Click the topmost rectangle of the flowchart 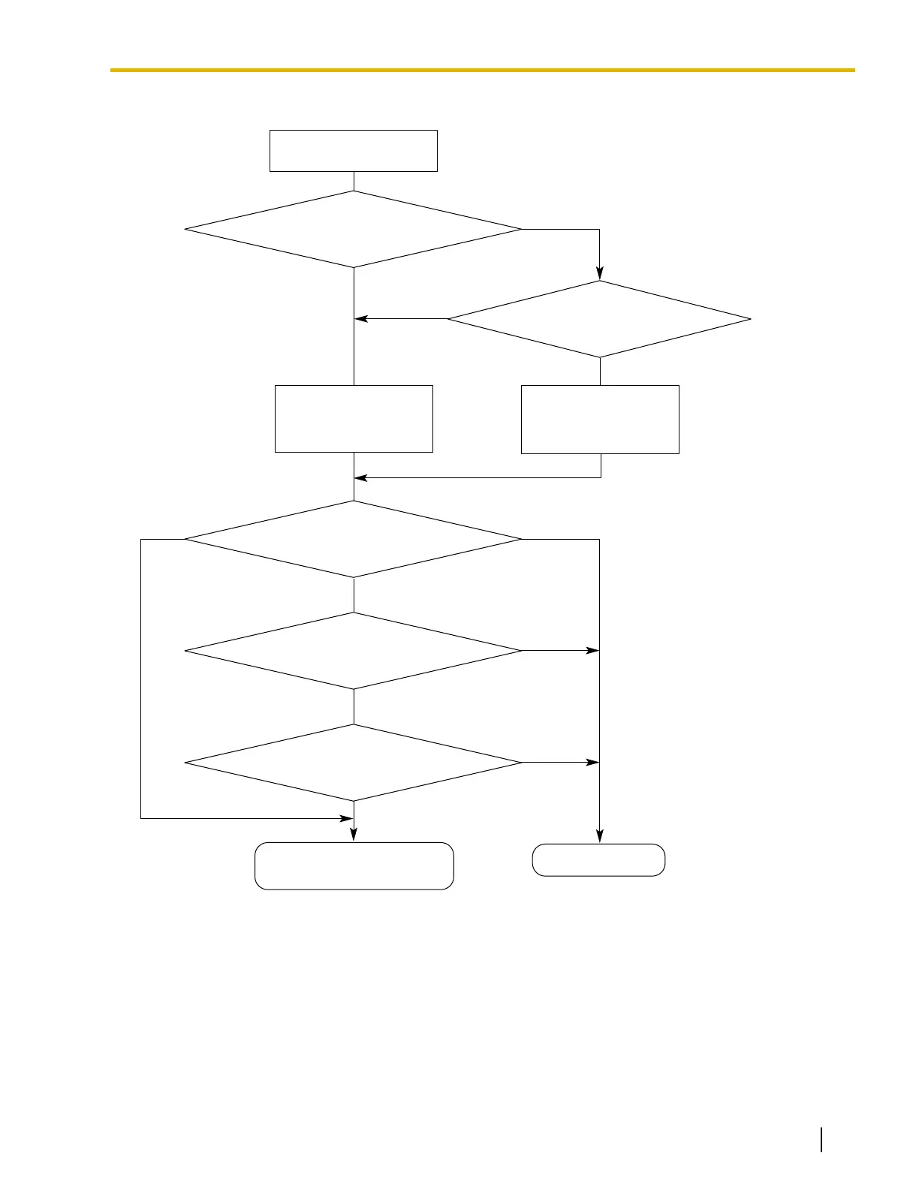(x=353, y=151)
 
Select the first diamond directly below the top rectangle (x=353, y=229)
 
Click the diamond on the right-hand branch (x=599, y=319)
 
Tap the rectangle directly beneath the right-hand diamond (x=600, y=420)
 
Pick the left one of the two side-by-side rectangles (x=354, y=419)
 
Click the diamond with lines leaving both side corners (x=353, y=539)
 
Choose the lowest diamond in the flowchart (x=353, y=763)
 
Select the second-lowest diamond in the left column (x=353, y=651)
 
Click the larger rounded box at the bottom (x=354, y=866)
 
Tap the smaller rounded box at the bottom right (x=598, y=860)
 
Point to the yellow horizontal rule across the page (x=482, y=70)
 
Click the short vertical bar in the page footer (x=822, y=1139)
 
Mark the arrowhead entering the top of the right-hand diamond (x=599, y=274)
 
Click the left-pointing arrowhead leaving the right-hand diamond (x=361, y=319)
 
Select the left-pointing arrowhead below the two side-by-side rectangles (x=361, y=477)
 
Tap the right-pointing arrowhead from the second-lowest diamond (x=592, y=651)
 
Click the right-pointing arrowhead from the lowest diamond (x=592, y=763)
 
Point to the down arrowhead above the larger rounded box (x=354, y=835)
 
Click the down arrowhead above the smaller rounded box (x=599, y=836)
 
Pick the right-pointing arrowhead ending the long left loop (x=346, y=818)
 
